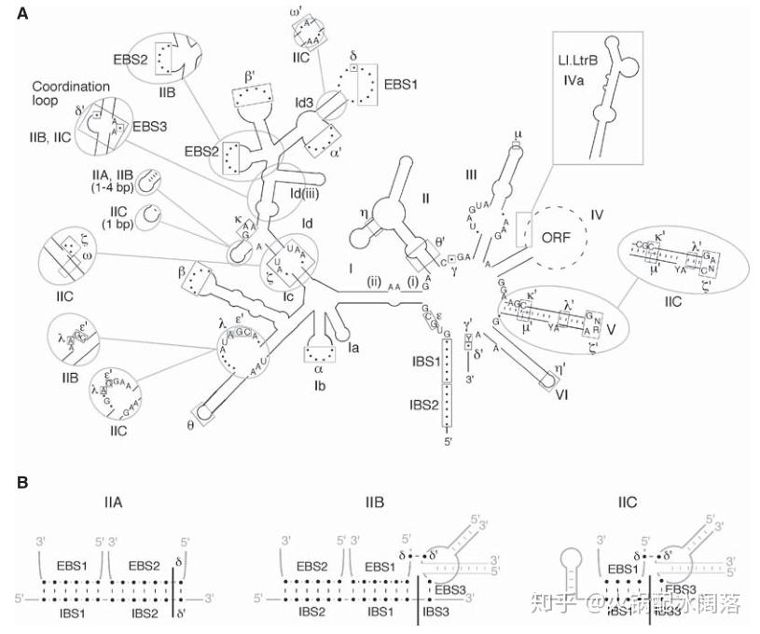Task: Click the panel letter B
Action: click(21, 482)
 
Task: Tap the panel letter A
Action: click(21, 14)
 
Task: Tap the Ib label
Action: click(319, 383)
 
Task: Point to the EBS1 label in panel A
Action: click(399, 83)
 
